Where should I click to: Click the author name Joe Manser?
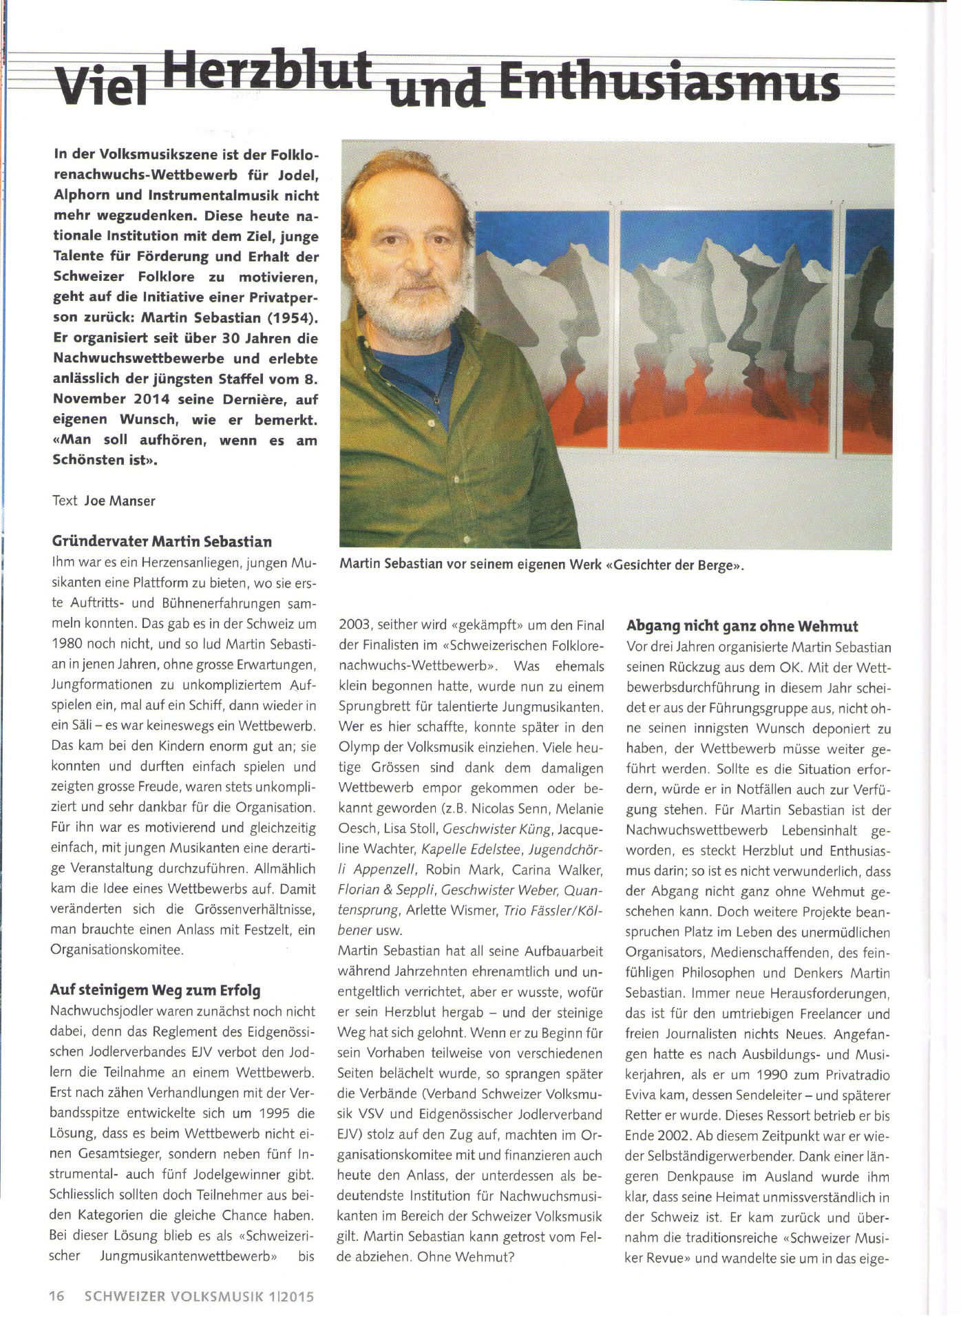click(x=120, y=501)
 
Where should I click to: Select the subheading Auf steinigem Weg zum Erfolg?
click(x=155, y=990)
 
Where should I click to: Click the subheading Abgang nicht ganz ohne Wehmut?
click(x=742, y=626)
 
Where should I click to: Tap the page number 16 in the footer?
click(x=56, y=1296)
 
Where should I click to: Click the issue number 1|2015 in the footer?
click(x=292, y=1296)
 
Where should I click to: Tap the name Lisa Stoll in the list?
click(x=401, y=829)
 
